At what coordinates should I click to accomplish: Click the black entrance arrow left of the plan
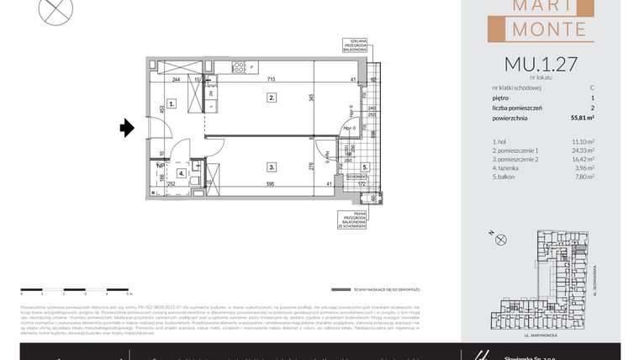127,128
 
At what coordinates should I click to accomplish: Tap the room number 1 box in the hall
171,104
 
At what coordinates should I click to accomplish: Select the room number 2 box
272,98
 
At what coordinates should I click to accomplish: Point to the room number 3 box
272,167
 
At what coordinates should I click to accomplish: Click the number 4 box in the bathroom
182,173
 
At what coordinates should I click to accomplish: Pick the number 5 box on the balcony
365,167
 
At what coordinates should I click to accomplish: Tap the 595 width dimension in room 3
272,183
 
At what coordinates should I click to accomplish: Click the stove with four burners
238,66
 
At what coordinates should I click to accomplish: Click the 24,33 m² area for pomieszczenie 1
582,151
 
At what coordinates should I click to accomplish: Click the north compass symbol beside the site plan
502,240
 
